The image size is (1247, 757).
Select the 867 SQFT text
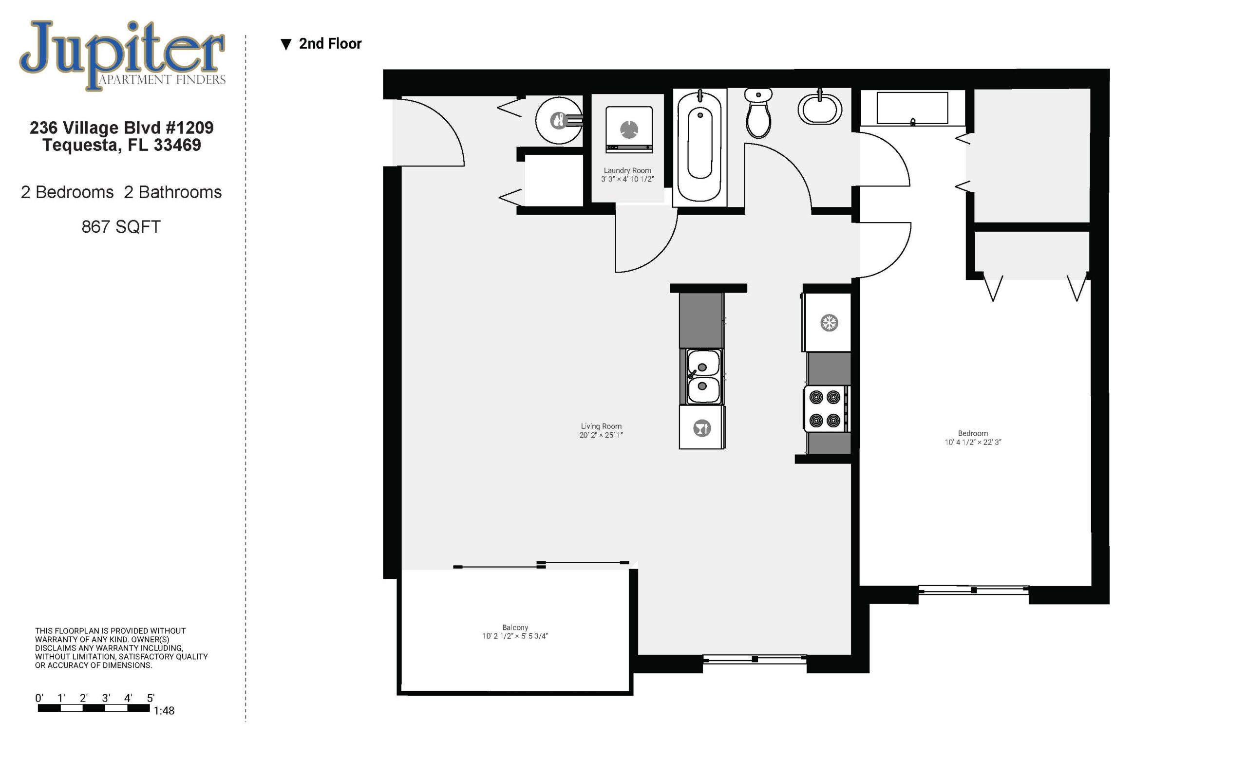[x=121, y=226]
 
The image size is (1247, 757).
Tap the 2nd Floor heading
[x=330, y=43]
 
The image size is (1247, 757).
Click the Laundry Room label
[x=627, y=170]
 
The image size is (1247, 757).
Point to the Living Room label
[x=601, y=426]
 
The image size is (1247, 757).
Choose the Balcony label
[x=515, y=628]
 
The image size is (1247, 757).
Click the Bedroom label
[x=973, y=433]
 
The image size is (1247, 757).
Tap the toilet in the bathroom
[x=758, y=113]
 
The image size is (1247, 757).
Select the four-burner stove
[x=825, y=408]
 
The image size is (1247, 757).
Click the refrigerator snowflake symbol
[x=829, y=323]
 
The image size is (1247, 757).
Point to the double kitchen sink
[x=703, y=376]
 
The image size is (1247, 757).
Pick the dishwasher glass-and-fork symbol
[x=702, y=428]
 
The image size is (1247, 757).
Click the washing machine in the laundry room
[x=629, y=129]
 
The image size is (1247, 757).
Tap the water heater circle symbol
[x=559, y=120]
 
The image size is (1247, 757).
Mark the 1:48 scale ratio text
[x=164, y=710]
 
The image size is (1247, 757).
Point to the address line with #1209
[x=121, y=128]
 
